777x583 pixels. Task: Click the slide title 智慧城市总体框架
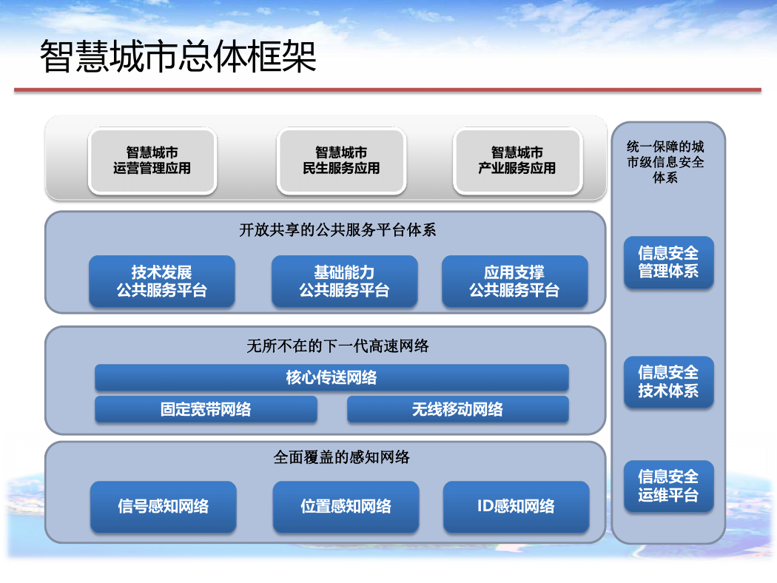[x=178, y=56]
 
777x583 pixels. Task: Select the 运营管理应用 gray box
[x=152, y=161]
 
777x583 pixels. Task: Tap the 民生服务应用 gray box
[x=341, y=161]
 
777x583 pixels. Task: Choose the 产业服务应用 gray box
[x=517, y=161]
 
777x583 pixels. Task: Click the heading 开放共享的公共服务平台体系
[x=337, y=230]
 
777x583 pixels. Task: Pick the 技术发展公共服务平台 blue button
[x=162, y=281]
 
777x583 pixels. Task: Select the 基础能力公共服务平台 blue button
[x=344, y=281]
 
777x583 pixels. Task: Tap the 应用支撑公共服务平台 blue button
[x=515, y=281]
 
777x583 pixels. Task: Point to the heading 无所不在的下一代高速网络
[x=337, y=346]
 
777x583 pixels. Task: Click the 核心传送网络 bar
[x=332, y=377]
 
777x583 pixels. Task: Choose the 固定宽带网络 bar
[x=206, y=409]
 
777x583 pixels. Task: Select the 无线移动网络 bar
[x=458, y=409]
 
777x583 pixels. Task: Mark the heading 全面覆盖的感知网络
[x=341, y=457]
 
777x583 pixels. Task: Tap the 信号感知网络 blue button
[x=163, y=507]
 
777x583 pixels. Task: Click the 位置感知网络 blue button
[x=346, y=507]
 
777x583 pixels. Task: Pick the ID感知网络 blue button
[x=516, y=507]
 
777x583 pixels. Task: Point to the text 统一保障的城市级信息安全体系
[x=665, y=162]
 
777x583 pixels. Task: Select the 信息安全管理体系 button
[x=668, y=262]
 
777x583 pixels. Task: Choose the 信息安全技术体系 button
[x=668, y=382]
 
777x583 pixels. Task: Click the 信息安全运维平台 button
[x=668, y=486]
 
